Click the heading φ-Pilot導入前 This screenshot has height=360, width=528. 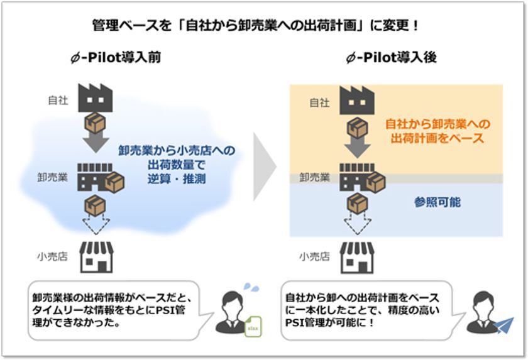click(x=116, y=58)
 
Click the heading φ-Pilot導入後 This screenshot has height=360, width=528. click(x=391, y=58)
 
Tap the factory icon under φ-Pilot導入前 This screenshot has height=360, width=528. click(x=96, y=97)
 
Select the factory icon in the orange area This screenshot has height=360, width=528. click(x=357, y=101)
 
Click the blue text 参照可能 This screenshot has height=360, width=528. click(x=437, y=202)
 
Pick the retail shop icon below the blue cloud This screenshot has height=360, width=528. click(x=97, y=257)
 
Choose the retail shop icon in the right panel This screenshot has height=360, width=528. click(x=357, y=257)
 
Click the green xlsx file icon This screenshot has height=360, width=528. click(x=253, y=326)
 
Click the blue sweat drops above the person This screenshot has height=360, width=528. click(x=251, y=287)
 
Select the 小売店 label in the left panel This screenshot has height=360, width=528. click(x=52, y=257)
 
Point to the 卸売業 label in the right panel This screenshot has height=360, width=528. click(x=314, y=177)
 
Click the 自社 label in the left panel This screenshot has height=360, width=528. click(x=58, y=101)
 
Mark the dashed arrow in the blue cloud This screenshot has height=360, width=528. click(x=96, y=224)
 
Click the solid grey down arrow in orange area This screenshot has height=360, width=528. click(x=358, y=148)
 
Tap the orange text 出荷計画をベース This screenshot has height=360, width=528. click(x=437, y=138)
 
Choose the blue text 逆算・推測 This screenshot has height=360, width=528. click(x=177, y=178)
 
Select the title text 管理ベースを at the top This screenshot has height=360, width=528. click(x=131, y=25)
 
